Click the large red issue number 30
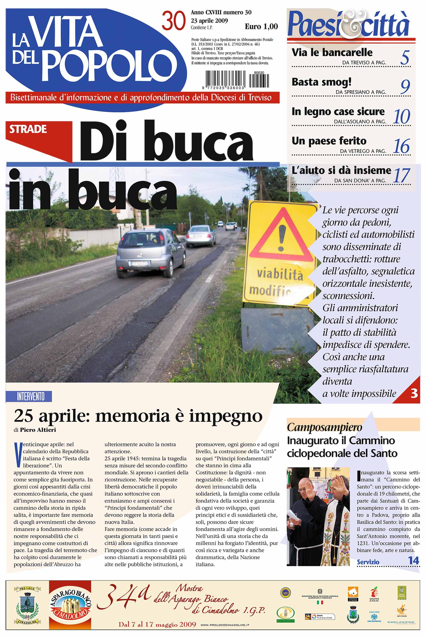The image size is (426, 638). pyautogui.click(x=174, y=21)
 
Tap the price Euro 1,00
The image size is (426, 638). pyautogui.click(x=261, y=27)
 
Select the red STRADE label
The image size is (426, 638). pyautogui.click(x=28, y=129)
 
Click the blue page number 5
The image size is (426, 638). pyautogui.click(x=405, y=58)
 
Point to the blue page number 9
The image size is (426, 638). pyautogui.click(x=405, y=87)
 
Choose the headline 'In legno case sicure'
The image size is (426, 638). pyautogui.click(x=338, y=112)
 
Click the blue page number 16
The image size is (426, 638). pyautogui.click(x=401, y=146)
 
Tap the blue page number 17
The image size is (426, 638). pyautogui.click(x=401, y=176)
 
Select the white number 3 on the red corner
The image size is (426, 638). pyautogui.click(x=414, y=393)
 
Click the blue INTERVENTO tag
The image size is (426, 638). pyautogui.click(x=31, y=397)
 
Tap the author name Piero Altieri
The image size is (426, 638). pyautogui.click(x=38, y=430)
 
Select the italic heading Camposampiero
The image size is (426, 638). pyautogui.click(x=324, y=427)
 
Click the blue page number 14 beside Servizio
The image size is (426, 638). pyautogui.click(x=414, y=561)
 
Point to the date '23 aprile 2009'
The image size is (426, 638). pyautogui.click(x=209, y=21)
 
